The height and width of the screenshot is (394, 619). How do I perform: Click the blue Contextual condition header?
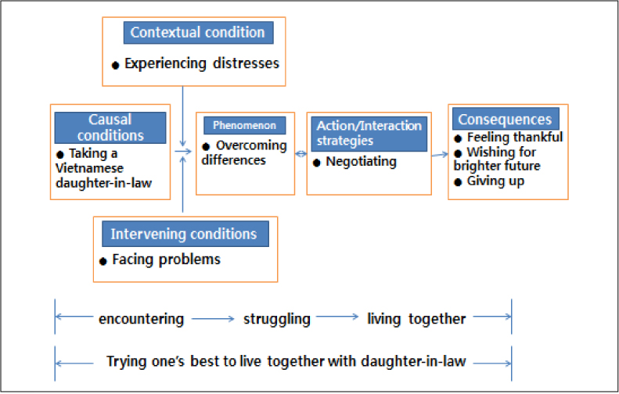[198, 32]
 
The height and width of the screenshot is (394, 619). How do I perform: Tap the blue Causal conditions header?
[110, 127]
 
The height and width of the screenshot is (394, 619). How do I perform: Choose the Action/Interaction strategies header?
[369, 134]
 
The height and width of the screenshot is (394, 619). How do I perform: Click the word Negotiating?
[361, 163]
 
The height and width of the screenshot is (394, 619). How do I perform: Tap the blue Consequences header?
[505, 120]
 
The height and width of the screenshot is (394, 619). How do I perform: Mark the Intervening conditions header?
[183, 234]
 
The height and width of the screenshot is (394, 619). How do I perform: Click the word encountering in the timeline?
[141, 319]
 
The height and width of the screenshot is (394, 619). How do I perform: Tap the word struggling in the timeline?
[276, 319]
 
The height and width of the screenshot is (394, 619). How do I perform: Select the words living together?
[416, 319]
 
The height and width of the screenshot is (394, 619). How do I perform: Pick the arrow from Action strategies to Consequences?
[439, 155]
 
